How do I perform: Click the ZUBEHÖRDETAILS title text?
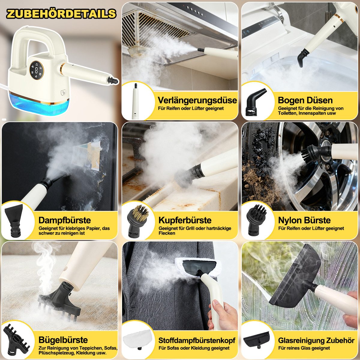pos(61,14)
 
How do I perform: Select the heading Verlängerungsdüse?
pos(197,100)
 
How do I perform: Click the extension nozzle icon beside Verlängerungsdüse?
pos(136,101)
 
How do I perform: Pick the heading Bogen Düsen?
pos(305,100)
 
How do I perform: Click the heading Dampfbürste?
pos(64,220)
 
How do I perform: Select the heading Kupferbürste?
pos(185,220)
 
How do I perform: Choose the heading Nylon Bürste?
pos(304,220)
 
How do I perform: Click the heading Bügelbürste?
pos(63,340)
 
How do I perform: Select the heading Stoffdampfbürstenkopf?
pos(196,340)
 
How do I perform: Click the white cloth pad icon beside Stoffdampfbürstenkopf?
pos(137,339)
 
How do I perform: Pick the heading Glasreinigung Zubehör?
pos(316,340)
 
